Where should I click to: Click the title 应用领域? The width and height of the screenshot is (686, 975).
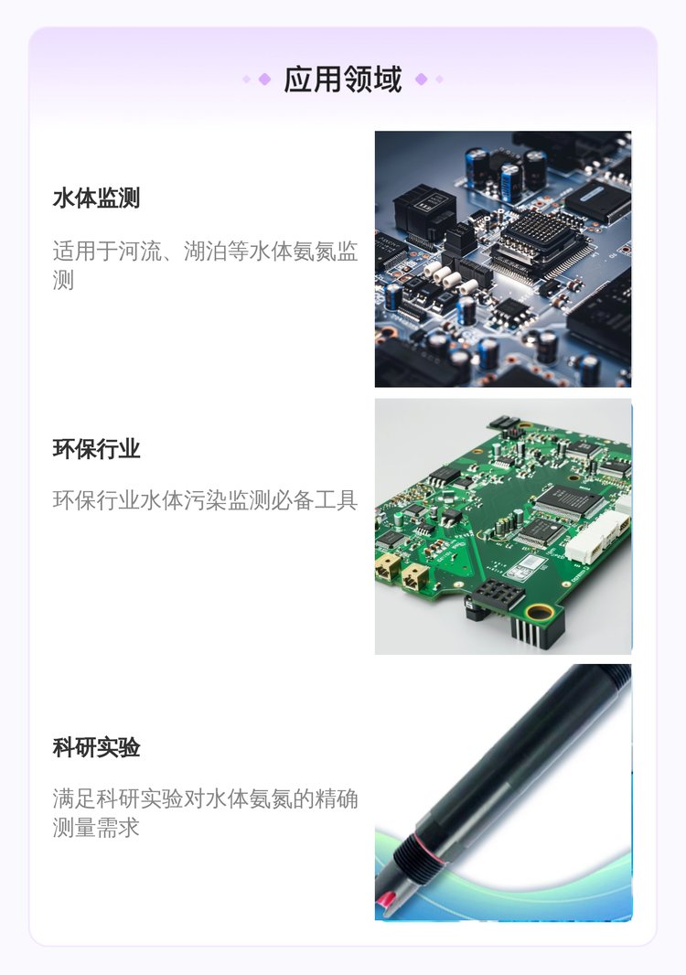coord(343,80)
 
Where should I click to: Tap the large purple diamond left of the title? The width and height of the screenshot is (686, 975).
coord(264,79)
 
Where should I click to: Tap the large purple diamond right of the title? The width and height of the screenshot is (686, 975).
coord(421,79)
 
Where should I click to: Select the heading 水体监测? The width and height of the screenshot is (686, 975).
coord(96,198)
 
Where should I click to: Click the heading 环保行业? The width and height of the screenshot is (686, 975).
coord(96,449)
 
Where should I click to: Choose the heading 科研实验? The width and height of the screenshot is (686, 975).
coord(96,747)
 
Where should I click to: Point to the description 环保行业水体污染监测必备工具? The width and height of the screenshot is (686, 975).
coord(205,500)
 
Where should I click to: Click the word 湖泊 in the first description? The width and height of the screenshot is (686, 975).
coord(205,252)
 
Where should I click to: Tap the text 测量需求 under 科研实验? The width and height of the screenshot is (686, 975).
coord(96,828)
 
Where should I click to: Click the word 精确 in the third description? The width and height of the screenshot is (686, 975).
coord(336,798)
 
